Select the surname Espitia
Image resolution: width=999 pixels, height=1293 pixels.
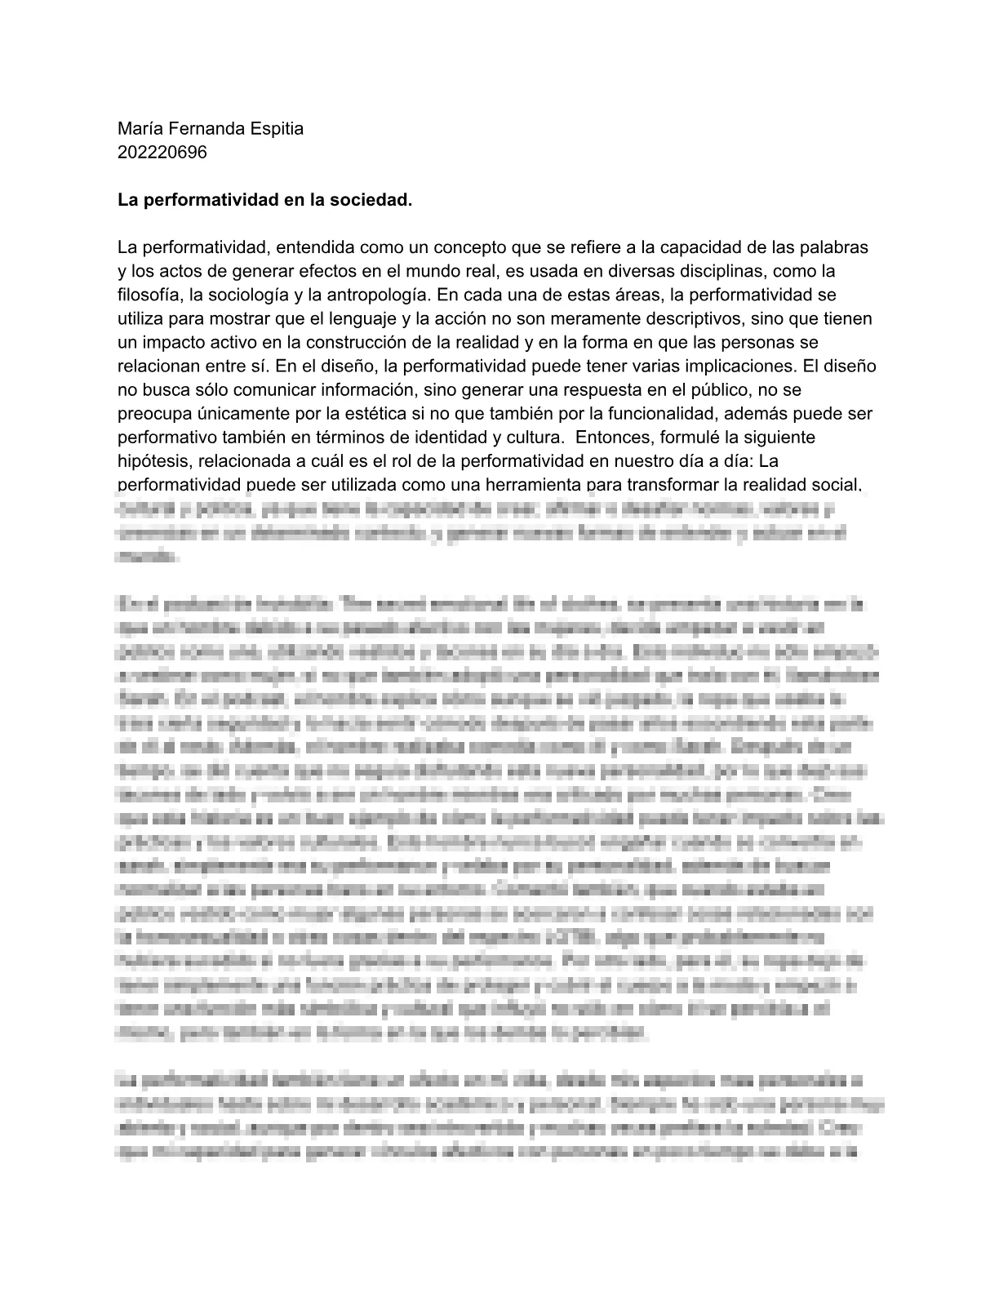[x=273, y=128]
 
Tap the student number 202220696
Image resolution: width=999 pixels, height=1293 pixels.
[x=162, y=152]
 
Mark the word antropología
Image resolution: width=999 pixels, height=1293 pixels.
[x=378, y=294]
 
